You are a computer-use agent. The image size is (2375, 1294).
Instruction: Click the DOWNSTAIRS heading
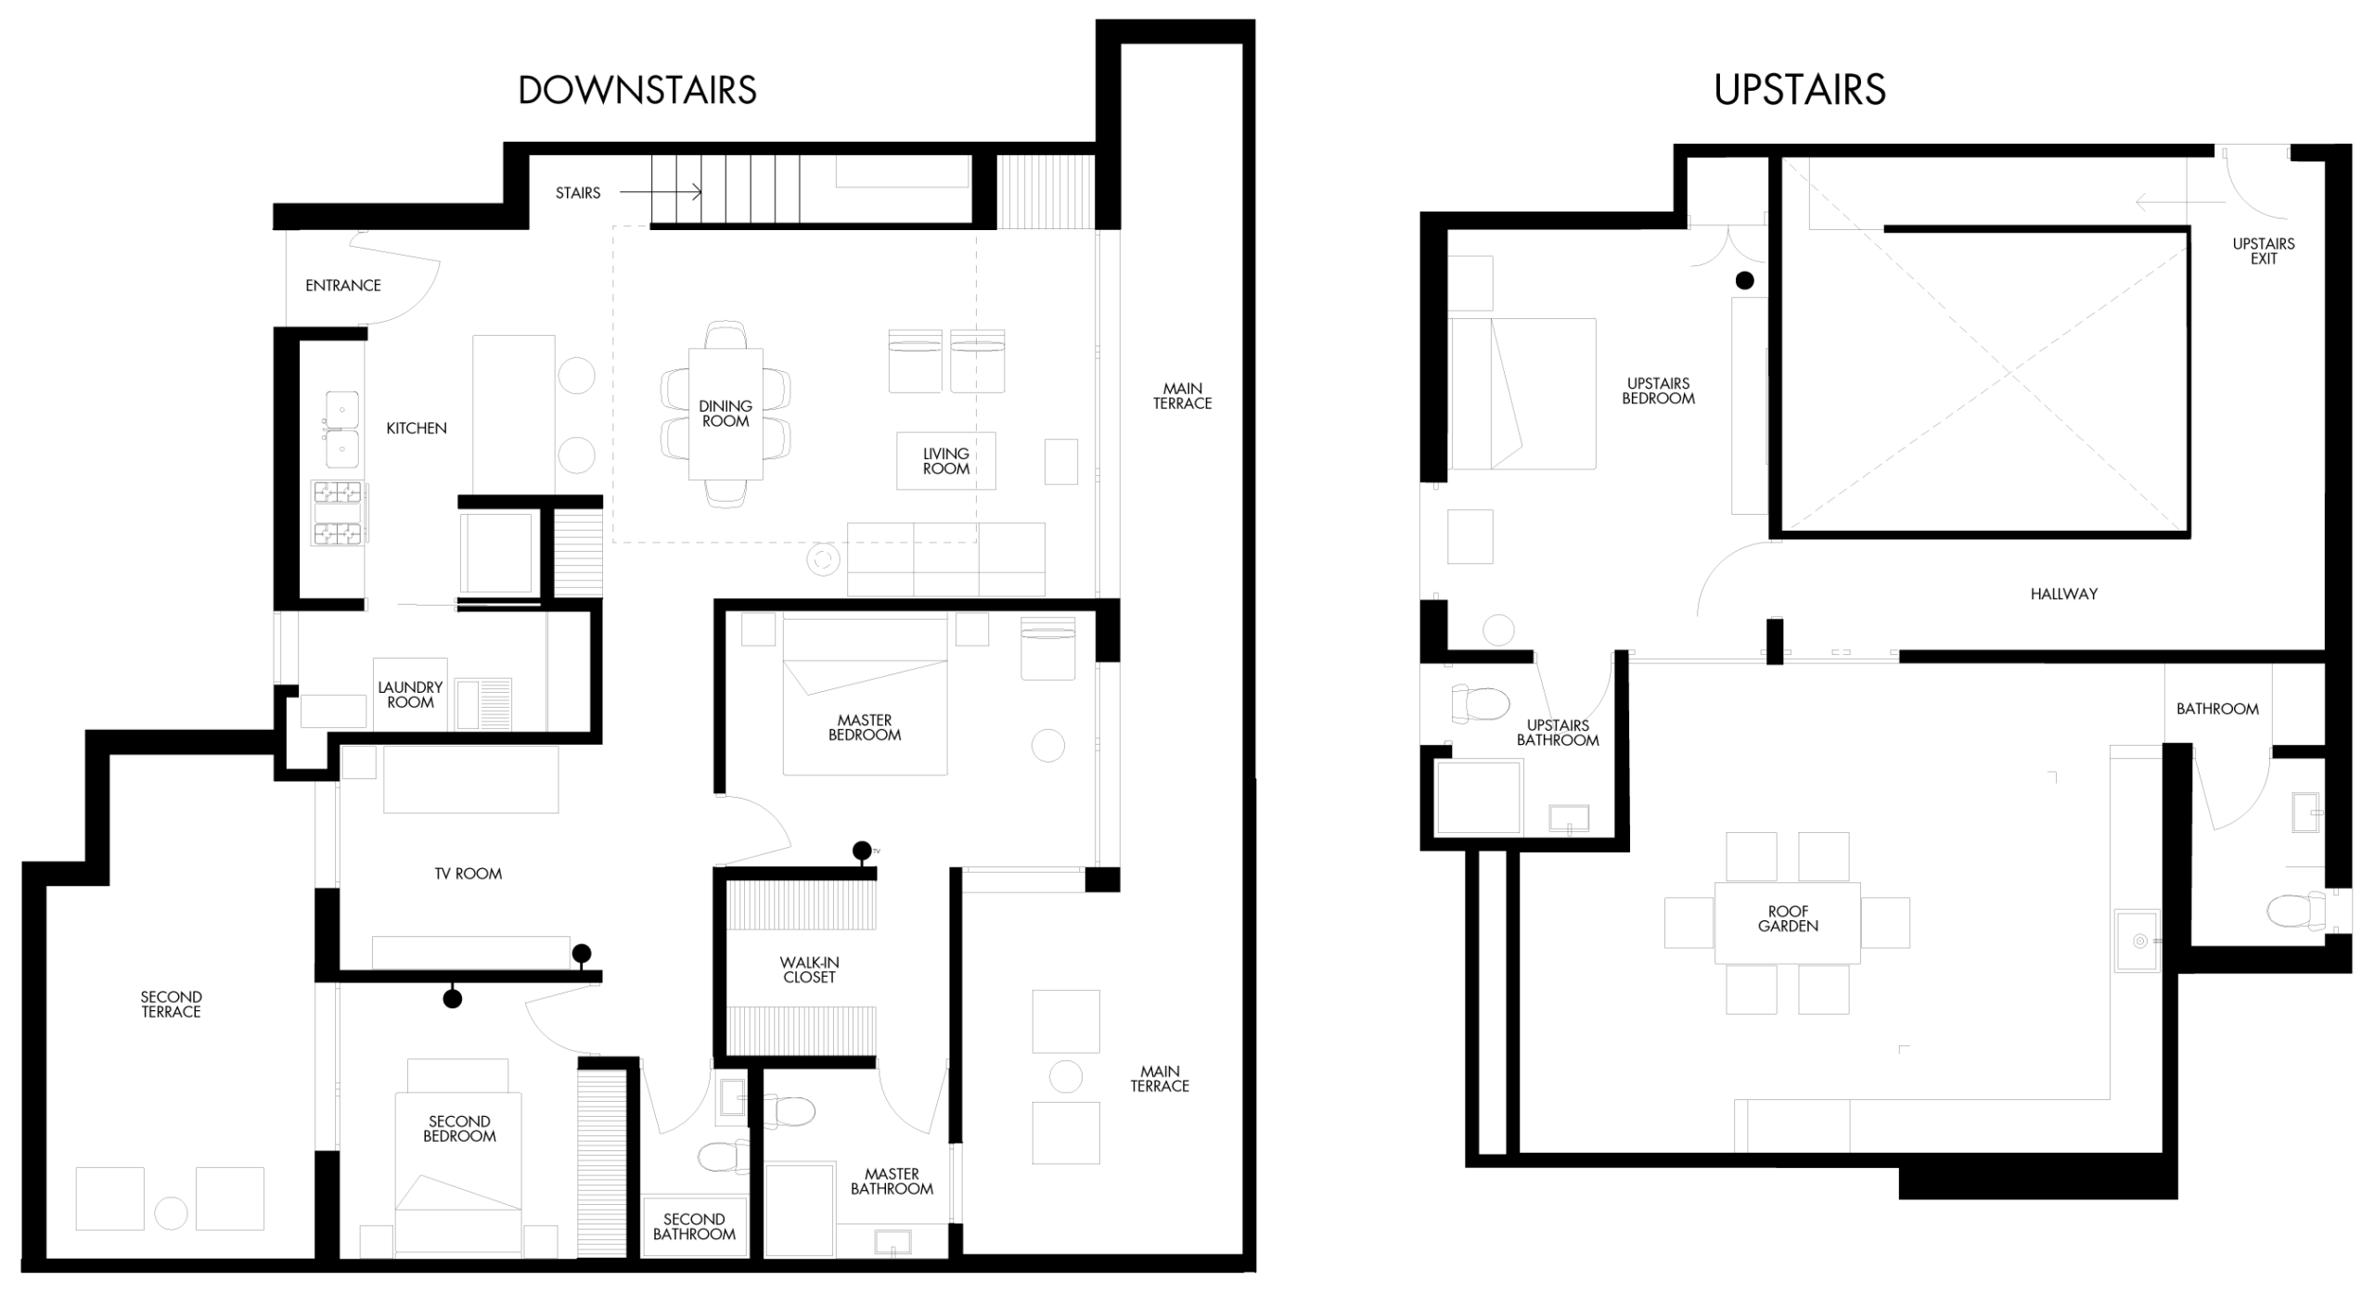coord(637,90)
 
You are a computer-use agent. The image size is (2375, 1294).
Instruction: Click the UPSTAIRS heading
coord(1800,90)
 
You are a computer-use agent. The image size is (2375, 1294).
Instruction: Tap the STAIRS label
coord(578,193)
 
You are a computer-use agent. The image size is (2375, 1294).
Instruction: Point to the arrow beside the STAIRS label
coord(661,192)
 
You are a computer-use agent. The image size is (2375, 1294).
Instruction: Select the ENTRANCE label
coord(343,286)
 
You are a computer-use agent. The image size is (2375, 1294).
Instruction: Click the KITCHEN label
coord(417,429)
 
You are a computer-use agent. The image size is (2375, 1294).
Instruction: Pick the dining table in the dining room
coord(725,414)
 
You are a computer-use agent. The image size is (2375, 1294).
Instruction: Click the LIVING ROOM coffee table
coord(946,461)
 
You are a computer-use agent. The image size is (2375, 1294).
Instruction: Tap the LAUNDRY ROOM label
coord(410,695)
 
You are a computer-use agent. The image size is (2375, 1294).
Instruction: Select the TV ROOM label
coord(469,874)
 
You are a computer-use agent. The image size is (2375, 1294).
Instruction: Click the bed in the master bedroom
coord(865,696)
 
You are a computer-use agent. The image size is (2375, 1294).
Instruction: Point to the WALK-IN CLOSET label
coord(809,970)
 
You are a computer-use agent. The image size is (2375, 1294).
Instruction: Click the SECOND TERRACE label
coord(171,1005)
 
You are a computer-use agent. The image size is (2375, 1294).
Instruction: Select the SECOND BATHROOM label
coord(694,1226)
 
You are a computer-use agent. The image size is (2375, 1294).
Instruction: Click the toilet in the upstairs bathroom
coord(1481,703)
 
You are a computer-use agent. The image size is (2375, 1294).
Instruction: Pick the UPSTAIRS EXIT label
coord(2264,251)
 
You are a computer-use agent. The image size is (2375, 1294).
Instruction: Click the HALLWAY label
coord(2064,595)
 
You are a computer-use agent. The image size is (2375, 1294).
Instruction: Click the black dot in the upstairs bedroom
coord(1745,280)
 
